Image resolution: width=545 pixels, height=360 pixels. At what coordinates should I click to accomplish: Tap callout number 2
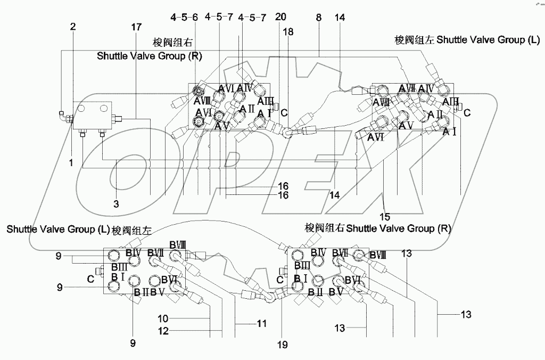73,26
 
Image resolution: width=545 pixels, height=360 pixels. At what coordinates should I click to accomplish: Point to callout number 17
137,26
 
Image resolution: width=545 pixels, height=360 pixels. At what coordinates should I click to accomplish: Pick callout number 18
288,32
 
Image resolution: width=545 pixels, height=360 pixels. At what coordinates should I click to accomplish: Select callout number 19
282,345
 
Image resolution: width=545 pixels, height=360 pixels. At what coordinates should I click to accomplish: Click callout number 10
163,318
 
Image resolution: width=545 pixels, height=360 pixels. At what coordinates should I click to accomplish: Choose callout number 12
163,331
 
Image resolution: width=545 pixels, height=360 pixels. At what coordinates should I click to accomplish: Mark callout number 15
384,216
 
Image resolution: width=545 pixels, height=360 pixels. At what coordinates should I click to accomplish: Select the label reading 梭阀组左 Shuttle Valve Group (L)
467,40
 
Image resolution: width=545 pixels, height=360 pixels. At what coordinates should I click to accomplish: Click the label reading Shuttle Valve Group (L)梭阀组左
79,230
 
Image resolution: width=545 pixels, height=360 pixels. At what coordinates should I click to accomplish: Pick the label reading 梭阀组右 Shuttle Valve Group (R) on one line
377,229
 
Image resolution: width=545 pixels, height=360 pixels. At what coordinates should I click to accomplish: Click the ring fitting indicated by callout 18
288,134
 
